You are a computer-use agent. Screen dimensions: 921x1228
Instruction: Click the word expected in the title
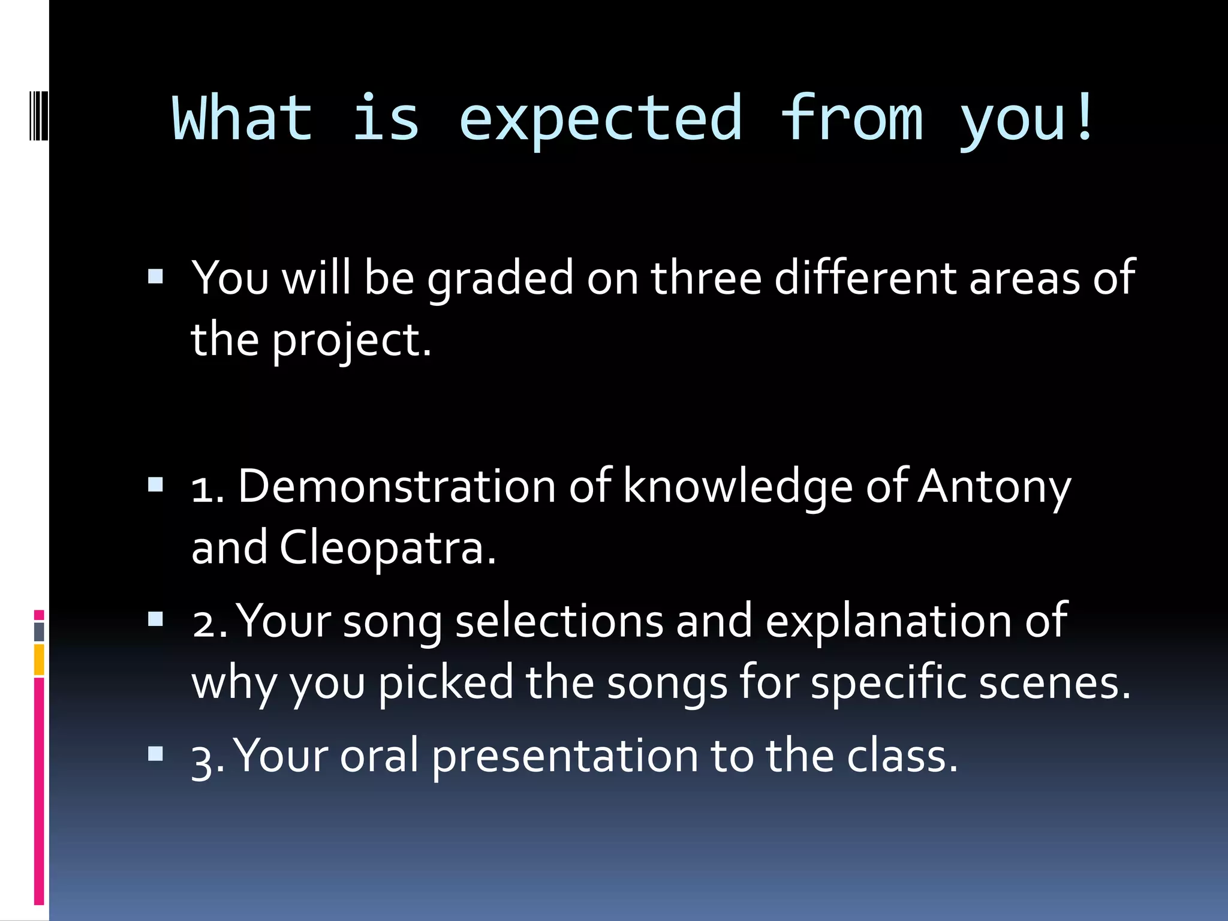tap(601, 120)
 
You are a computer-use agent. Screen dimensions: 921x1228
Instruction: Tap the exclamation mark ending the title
tap(1084, 117)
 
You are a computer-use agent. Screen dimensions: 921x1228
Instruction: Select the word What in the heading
tap(242, 118)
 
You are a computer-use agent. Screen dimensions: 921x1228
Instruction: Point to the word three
tap(706, 278)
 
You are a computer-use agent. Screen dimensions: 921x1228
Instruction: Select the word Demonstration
tap(397, 486)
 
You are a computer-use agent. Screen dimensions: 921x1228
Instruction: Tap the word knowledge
tap(738, 487)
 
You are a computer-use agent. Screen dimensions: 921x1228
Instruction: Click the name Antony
tap(994, 487)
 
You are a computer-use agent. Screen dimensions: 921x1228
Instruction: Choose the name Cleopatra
tap(387, 548)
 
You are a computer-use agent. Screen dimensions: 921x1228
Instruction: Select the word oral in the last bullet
tap(379, 756)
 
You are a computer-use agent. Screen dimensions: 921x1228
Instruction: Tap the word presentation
tap(565, 757)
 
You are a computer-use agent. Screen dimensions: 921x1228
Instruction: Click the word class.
tap(902, 756)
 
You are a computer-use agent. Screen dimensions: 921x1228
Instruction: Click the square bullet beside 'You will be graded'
tap(155, 276)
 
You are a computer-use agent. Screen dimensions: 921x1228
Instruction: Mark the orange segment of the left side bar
tap(39, 659)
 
